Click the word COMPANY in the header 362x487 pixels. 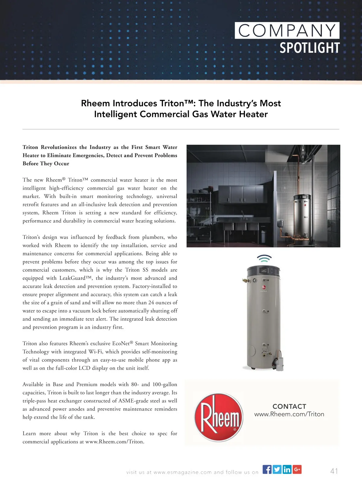pos(287,30)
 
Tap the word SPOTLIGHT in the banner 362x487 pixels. pos(310,48)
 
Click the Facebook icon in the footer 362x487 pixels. pos(267,469)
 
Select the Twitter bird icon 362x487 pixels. pos(277,469)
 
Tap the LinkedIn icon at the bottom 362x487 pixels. pos(287,469)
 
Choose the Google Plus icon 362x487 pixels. pos(297,469)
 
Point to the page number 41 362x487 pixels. pos(334,471)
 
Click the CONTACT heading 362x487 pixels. pos(289,406)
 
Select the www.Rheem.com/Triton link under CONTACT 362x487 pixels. pos(289,414)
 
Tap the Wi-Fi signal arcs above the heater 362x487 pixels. pos(264,258)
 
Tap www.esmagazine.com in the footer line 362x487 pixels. pos(183,472)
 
